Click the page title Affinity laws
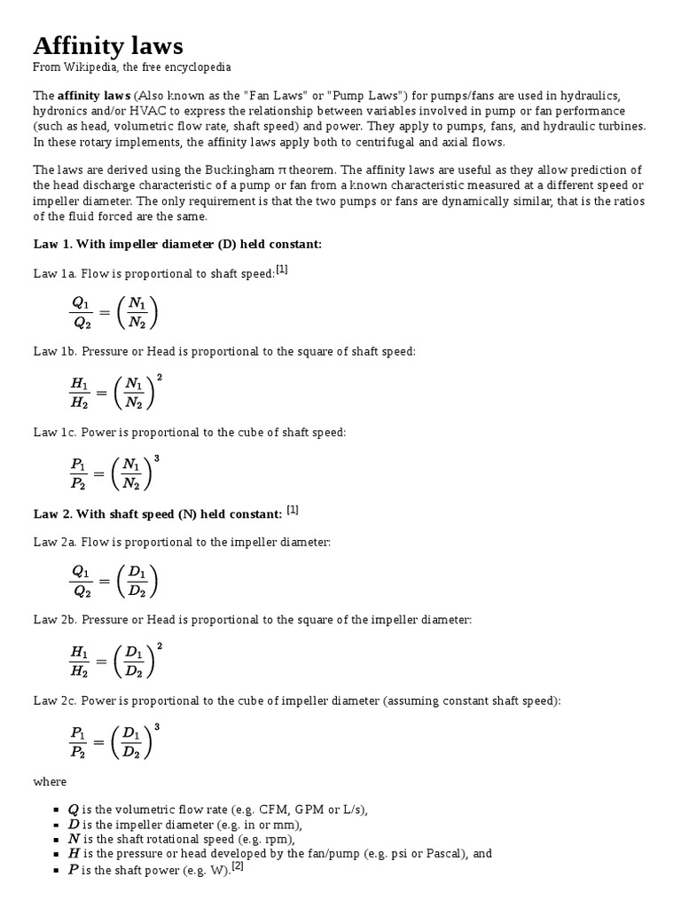108,45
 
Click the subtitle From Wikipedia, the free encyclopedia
131,67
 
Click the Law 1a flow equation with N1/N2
113,312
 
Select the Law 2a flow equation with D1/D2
113,581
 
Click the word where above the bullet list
50,782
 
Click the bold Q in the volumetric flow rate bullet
74,810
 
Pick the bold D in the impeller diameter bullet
74,825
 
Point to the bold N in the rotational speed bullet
74,839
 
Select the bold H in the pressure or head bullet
74,854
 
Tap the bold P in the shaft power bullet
73,870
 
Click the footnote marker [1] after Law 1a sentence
282,270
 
